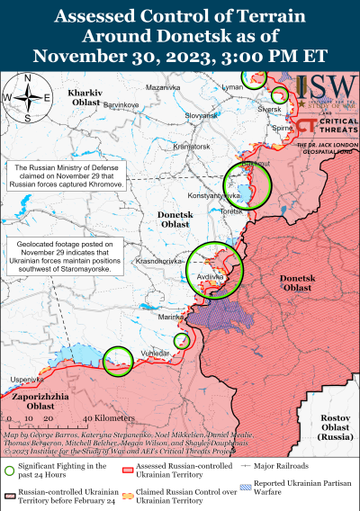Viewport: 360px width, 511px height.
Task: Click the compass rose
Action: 26,98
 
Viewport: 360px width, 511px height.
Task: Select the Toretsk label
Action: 256,210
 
